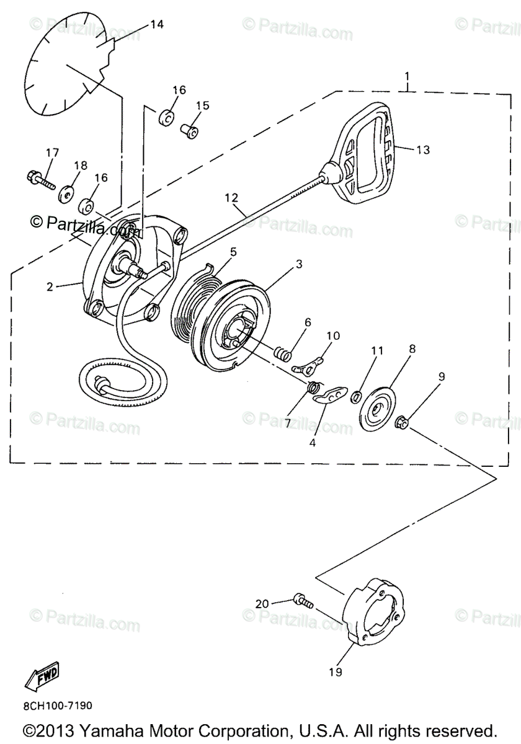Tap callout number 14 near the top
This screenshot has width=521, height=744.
click(x=156, y=24)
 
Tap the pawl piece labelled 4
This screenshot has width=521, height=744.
click(x=328, y=396)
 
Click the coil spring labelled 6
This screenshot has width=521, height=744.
click(x=283, y=354)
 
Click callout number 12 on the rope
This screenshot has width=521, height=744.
click(x=231, y=198)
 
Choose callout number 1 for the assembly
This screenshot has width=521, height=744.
click(x=407, y=77)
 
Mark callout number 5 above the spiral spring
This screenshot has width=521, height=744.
click(x=233, y=252)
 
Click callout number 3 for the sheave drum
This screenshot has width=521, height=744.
click(x=299, y=264)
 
